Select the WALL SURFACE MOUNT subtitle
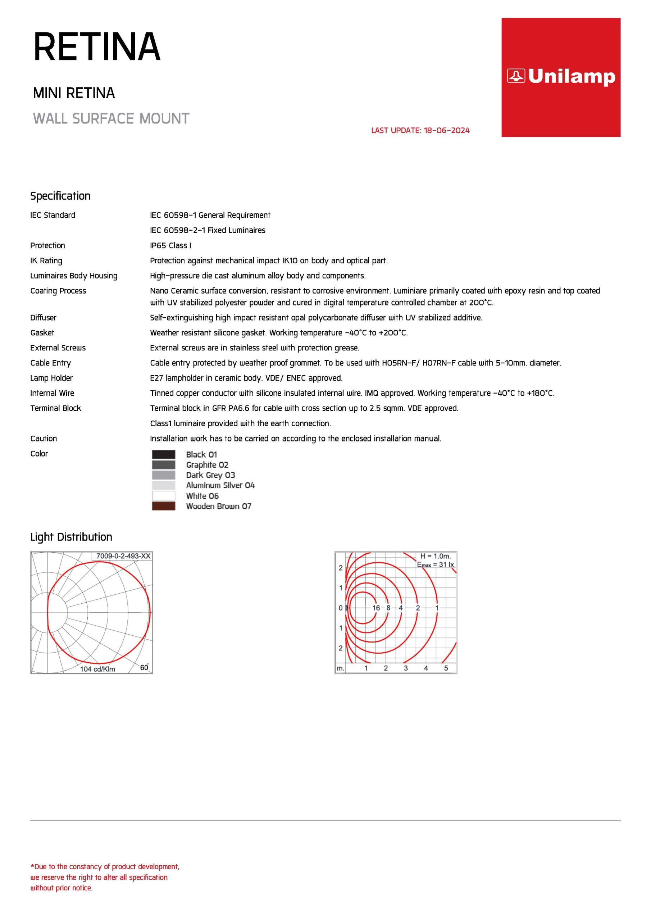pos(111,119)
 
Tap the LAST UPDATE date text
pos(420,130)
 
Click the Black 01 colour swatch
pos(164,454)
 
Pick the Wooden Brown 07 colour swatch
pos(164,506)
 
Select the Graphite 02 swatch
pos(164,465)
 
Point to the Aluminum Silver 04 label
pos(220,485)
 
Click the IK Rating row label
pos(46,261)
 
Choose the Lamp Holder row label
pos(51,378)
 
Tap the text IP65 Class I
pos(170,245)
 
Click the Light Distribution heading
pos(71,537)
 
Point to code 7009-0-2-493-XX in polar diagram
pos(123,556)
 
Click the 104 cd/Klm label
pos(97,669)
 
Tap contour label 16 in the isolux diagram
pos(376,608)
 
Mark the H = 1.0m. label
pos(435,556)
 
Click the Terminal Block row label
pos(56,408)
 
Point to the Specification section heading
pos(60,196)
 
